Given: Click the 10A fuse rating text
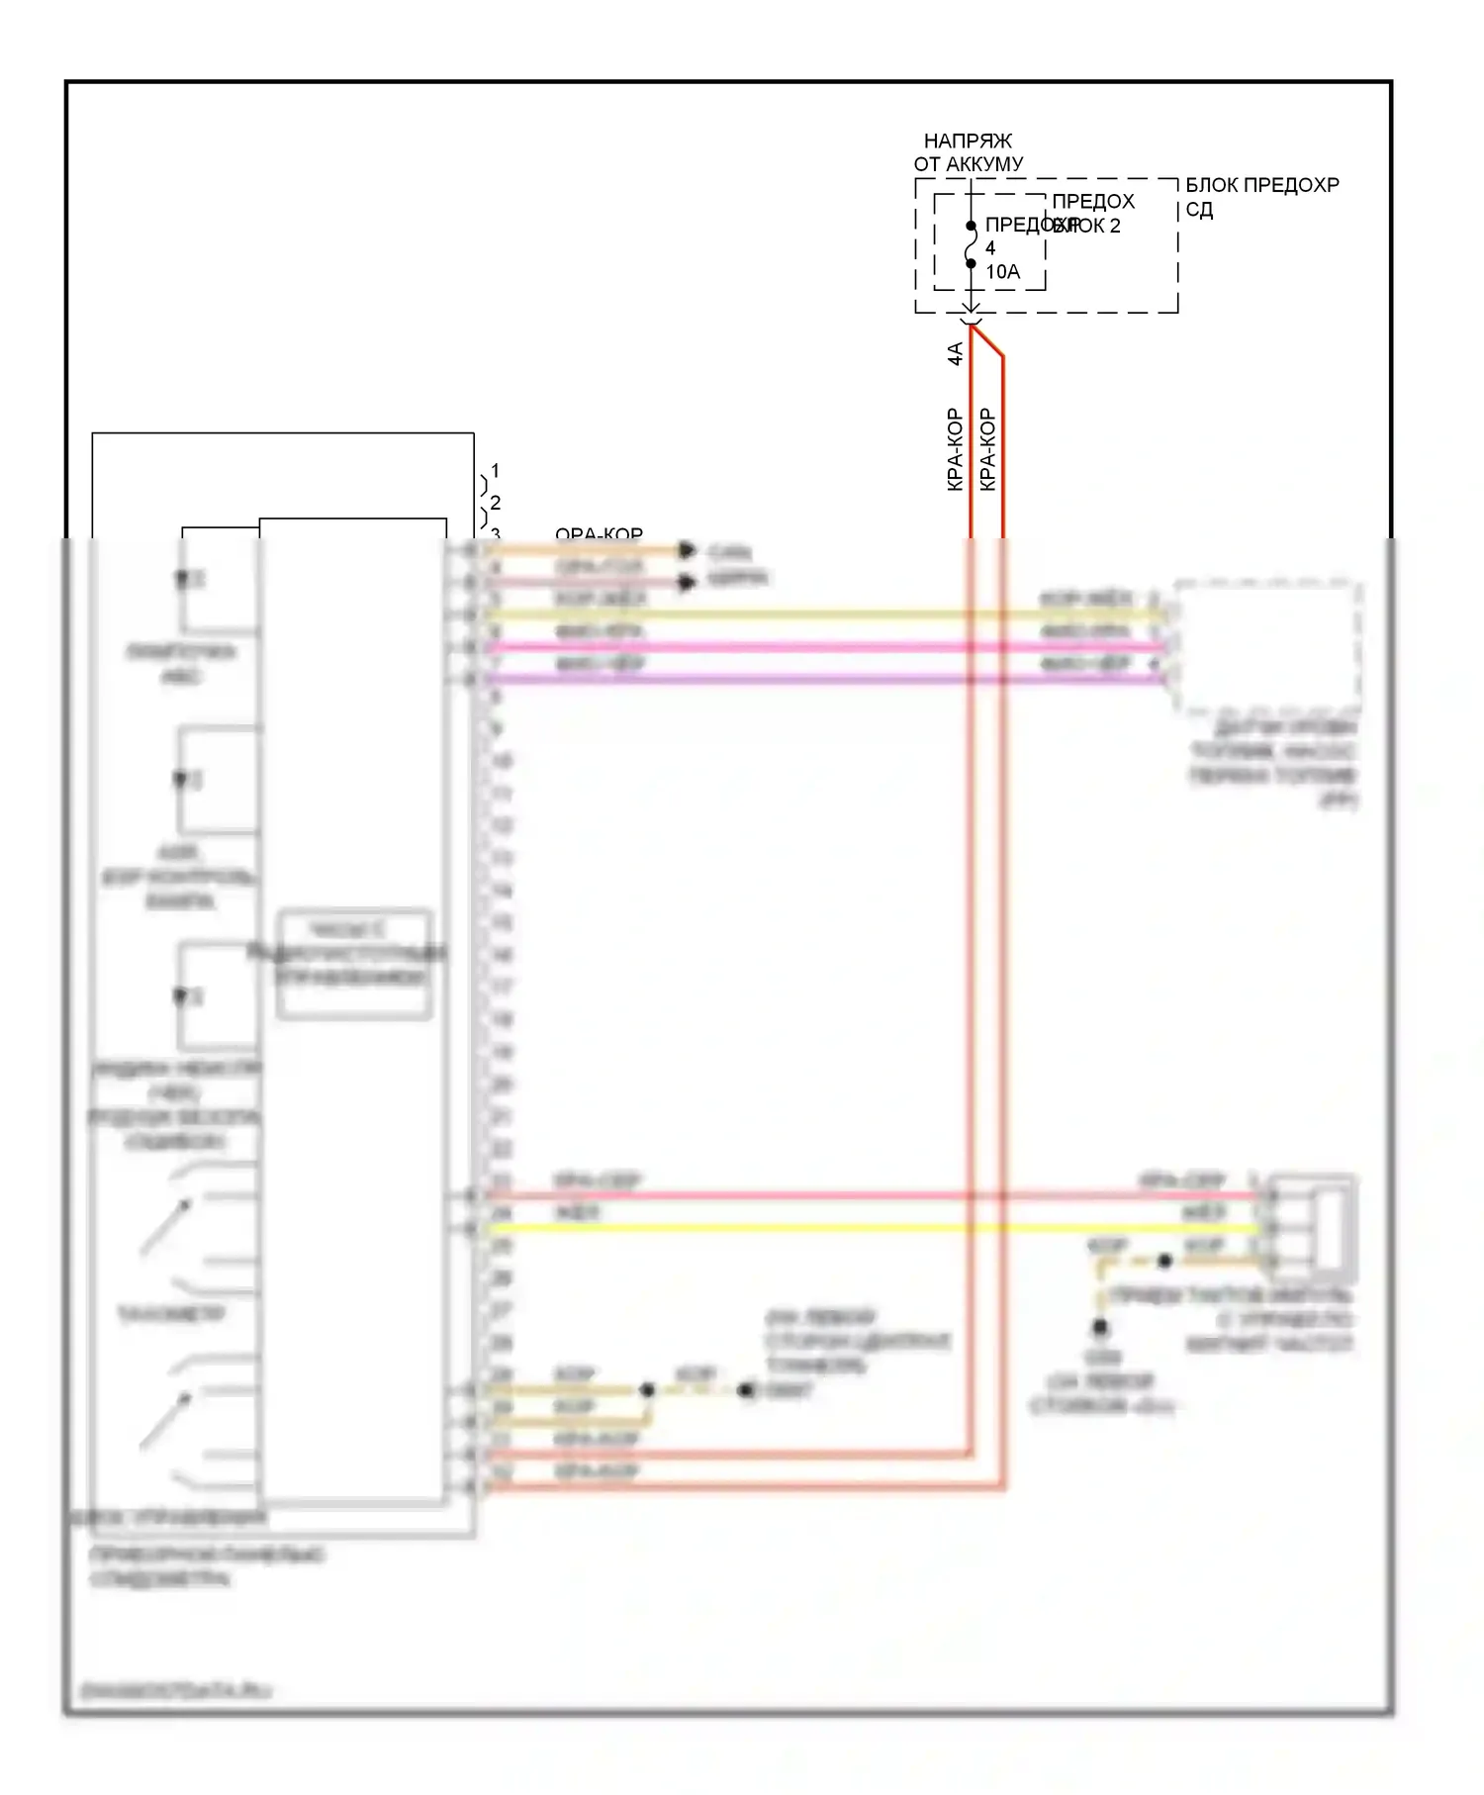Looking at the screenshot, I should point(1002,272).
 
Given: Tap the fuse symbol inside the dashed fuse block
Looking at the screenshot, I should point(971,245).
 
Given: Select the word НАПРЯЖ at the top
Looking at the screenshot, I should point(968,142).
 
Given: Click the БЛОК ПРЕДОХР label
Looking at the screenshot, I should point(1261,186).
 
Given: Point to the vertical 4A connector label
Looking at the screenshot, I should point(956,353).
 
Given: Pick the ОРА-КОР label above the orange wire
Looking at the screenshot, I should point(599,535).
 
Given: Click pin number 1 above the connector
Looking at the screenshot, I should point(496,471).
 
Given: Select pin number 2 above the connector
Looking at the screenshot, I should point(496,503).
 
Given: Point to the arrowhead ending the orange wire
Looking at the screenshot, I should point(687,550).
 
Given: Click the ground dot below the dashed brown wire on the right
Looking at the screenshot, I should point(1099,1328).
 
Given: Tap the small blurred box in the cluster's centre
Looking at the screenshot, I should point(354,964).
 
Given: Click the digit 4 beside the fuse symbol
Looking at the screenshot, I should point(990,248).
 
